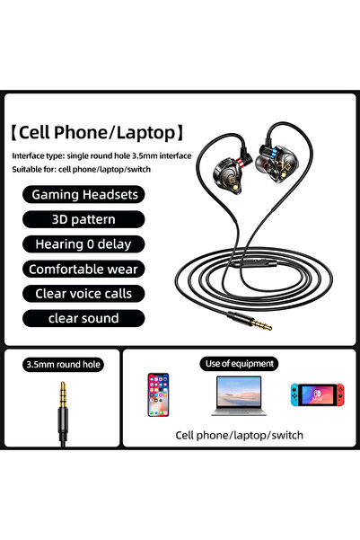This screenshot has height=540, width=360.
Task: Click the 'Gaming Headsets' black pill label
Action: pyautogui.click(x=83, y=195)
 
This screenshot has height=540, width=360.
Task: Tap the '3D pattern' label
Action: pyautogui.click(x=83, y=219)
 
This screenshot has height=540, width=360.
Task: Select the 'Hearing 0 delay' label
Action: pyautogui.click(x=83, y=244)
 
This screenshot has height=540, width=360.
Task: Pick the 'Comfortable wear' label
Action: pyautogui.click(x=83, y=269)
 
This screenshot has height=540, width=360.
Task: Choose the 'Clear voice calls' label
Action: pyautogui.click(x=83, y=294)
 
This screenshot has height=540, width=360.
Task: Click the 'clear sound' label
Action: pyautogui.click(x=83, y=319)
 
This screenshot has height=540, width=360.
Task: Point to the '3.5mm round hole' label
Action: pyautogui.click(x=64, y=365)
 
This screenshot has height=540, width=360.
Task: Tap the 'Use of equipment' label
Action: pyautogui.click(x=239, y=364)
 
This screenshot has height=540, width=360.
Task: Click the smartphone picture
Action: pyautogui.click(x=158, y=394)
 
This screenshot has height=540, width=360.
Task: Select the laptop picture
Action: pyautogui.click(x=239, y=395)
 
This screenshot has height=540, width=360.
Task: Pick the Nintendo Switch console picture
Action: pyautogui.click(x=317, y=394)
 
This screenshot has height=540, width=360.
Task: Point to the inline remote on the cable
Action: pyautogui.click(x=254, y=264)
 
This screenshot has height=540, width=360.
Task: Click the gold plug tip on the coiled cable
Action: pyautogui.click(x=262, y=324)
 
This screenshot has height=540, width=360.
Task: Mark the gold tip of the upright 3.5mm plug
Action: pyautogui.click(x=63, y=394)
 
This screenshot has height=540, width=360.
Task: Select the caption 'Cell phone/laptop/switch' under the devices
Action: pyautogui.click(x=239, y=435)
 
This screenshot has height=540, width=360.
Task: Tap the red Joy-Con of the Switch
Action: pyautogui.click(x=340, y=394)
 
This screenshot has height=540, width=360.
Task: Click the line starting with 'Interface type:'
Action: pyautogui.click(x=101, y=156)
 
